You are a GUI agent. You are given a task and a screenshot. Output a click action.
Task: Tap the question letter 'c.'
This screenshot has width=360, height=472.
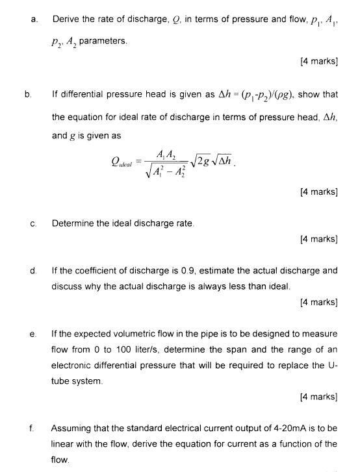(x=32, y=223)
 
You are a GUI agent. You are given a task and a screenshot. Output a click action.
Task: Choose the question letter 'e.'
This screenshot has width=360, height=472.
(x=32, y=334)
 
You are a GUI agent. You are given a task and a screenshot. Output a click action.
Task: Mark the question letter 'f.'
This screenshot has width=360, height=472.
(x=31, y=429)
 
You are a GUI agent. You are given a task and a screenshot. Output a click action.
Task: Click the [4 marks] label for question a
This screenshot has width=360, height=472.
(x=318, y=62)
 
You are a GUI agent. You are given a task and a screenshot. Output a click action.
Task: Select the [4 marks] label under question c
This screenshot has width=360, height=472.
(x=318, y=240)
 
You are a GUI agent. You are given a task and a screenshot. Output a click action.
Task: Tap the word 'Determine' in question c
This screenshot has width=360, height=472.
(x=73, y=223)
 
